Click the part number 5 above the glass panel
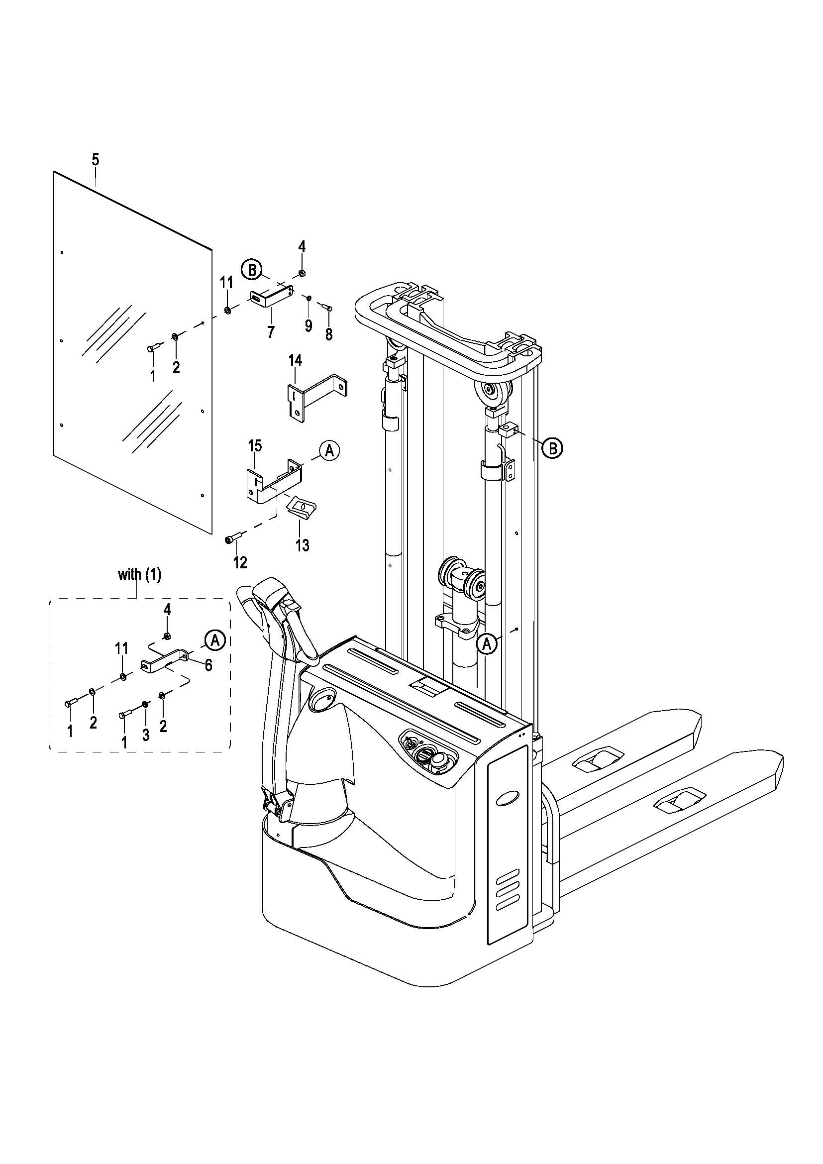coord(95,160)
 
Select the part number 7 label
coord(271,332)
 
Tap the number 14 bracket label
coord(295,361)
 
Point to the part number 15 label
coord(255,446)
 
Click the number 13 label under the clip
coord(303,545)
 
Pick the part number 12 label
coord(240,562)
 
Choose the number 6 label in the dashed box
coord(208,665)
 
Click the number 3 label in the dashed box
coord(145,735)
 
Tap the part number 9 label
coord(309,326)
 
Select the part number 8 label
coord(329,334)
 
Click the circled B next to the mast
coord(552,448)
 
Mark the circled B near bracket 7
coord(251,268)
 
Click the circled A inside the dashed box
coord(215,639)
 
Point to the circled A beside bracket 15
coord(329,450)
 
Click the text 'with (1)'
coord(139,575)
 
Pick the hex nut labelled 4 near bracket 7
coord(301,273)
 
